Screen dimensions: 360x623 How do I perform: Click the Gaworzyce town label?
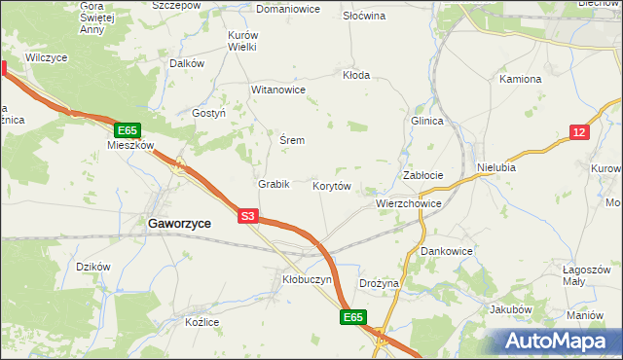click(180, 223)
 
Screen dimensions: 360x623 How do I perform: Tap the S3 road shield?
click(248, 217)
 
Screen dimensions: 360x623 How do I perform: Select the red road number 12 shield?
click(579, 132)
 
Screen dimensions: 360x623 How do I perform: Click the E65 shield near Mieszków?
click(128, 129)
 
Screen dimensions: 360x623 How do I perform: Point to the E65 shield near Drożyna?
click(352, 317)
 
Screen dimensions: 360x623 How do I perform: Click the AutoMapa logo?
click(559, 342)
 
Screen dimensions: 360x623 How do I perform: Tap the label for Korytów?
click(332, 185)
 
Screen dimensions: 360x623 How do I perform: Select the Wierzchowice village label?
click(409, 204)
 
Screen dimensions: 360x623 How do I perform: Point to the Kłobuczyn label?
click(307, 279)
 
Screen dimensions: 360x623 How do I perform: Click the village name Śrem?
click(292, 140)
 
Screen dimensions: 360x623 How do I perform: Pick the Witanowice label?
click(279, 90)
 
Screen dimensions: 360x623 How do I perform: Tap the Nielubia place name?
click(496, 167)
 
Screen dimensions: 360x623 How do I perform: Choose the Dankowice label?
click(447, 250)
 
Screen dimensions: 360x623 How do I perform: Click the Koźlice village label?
click(203, 322)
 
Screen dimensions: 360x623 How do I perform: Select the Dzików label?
click(93, 266)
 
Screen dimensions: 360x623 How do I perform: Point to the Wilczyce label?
click(46, 57)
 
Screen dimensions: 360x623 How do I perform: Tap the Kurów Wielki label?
click(241, 40)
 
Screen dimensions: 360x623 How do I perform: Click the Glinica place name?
click(426, 121)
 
